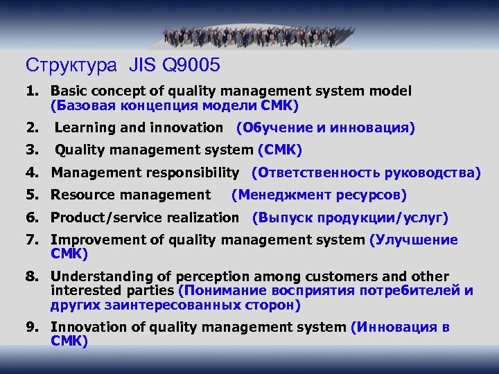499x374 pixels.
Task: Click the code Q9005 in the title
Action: [191, 66]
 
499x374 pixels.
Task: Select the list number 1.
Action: [32, 91]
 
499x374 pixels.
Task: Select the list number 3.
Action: [32, 150]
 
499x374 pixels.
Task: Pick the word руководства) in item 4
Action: [434, 172]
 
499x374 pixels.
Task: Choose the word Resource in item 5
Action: [78, 195]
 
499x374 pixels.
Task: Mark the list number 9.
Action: [32, 327]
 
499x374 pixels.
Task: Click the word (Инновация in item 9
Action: [394, 327]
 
